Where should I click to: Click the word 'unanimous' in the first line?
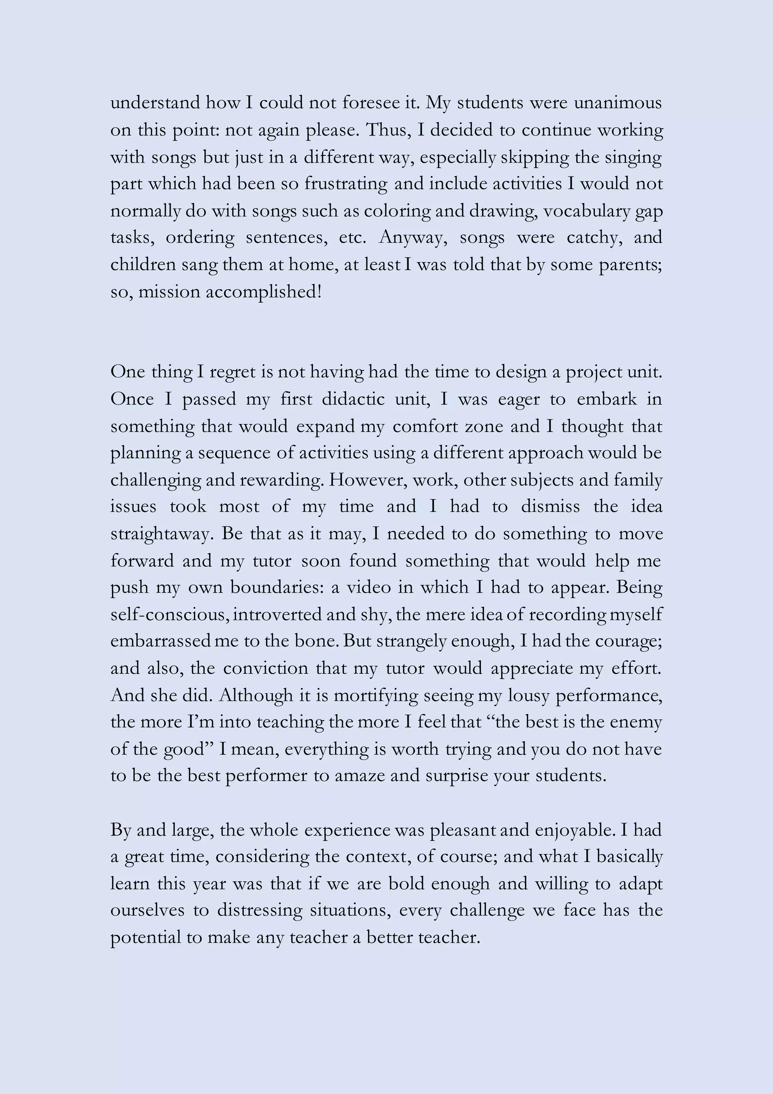(617, 103)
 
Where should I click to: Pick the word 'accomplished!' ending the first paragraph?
(264, 292)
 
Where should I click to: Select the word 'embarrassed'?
(161, 641)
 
